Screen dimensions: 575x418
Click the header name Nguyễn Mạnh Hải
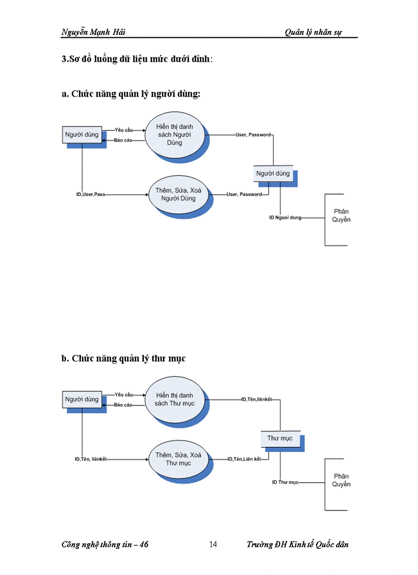tap(93, 32)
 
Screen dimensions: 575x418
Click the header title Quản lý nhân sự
tap(313, 32)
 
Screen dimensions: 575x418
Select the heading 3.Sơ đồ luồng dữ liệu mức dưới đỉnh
tap(136, 59)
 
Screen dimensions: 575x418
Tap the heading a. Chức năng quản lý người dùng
tap(131, 94)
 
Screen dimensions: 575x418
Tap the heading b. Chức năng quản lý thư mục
tap(123, 358)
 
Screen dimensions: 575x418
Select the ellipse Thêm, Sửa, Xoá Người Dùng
tap(178, 194)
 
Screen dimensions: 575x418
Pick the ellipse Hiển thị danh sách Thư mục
tap(175, 399)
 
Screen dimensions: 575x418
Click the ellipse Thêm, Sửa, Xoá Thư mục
tap(178, 459)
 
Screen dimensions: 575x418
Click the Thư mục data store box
tap(280, 438)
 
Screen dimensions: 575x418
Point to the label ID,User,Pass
tap(90, 195)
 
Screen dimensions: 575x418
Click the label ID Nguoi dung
tap(285, 218)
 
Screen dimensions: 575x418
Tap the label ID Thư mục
tap(285, 482)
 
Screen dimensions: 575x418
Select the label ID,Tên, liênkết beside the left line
tap(91, 459)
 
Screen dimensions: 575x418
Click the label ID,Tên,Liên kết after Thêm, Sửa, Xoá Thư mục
tap(244, 459)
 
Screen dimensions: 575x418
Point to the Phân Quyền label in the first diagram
tap(341, 216)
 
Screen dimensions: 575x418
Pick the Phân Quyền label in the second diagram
tap(341, 480)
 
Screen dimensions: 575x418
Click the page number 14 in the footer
tap(213, 544)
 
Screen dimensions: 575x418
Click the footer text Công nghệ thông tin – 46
tap(104, 544)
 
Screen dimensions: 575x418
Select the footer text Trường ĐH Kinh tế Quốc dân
tap(297, 544)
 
